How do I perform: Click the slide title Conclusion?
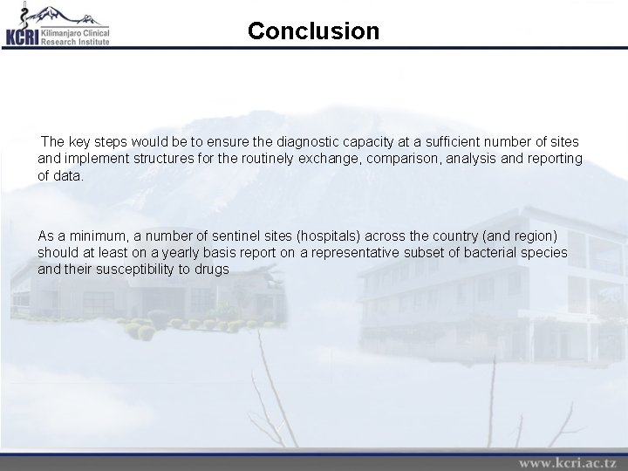point(313,31)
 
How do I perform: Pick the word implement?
point(97,159)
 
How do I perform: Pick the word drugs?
point(211,269)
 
